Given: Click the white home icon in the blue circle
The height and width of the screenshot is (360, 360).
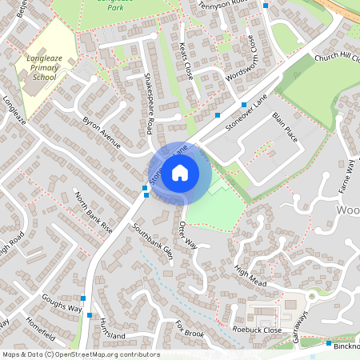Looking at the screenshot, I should point(180,172).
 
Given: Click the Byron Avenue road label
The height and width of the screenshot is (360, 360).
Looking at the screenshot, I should point(101,132).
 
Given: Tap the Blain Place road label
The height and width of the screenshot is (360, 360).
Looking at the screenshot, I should point(285,127).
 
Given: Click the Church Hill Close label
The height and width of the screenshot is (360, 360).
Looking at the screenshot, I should point(338,58).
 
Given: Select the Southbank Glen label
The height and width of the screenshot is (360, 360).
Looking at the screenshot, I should point(154,238).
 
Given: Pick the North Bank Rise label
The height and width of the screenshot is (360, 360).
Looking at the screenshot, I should point(94,210).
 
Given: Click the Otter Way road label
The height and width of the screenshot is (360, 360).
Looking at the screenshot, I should point(188,234).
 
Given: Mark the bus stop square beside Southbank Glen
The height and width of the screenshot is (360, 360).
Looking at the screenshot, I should point(145,188).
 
